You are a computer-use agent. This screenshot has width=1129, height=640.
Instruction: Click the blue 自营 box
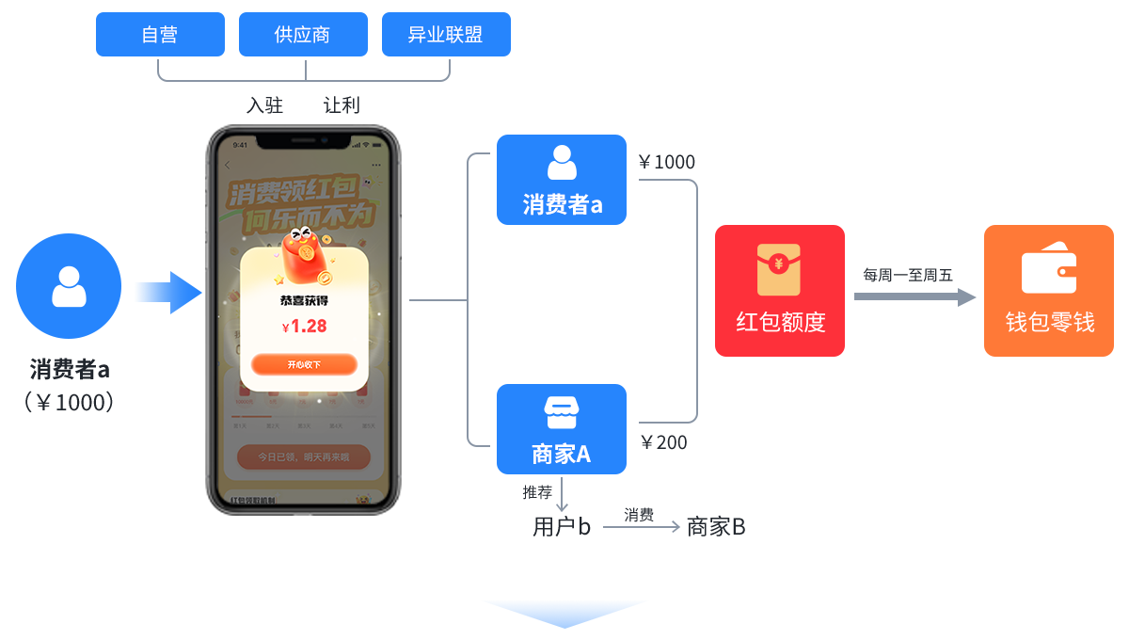click(160, 35)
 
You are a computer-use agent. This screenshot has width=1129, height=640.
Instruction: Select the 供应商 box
click(302, 35)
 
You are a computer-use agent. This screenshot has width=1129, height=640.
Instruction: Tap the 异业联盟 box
click(445, 35)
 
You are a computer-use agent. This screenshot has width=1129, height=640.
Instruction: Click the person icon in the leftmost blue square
click(69, 286)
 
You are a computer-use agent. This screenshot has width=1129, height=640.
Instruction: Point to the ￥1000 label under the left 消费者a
click(70, 403)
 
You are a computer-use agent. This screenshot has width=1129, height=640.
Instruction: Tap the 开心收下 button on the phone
click(304, 364)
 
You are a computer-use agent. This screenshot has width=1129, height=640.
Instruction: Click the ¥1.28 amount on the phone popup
click(304, 327)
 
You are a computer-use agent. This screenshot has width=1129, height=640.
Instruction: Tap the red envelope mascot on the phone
click(304, 254)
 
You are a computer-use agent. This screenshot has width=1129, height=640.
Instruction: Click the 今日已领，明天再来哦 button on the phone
click(304, 457)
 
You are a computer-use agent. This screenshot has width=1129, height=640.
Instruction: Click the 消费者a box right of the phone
click(562, 180)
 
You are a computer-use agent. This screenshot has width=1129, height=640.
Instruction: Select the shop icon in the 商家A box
click(562, 412)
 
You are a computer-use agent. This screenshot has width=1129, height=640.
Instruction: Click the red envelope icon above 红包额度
click(779, 269)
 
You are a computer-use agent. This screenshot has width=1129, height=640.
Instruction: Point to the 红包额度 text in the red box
click(780, 323)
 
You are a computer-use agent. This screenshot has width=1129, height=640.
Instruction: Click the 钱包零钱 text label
click(1049, 323)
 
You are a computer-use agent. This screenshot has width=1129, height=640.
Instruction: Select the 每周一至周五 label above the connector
click(908, 276)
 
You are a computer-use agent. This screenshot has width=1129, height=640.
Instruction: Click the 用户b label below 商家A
click(561, 527)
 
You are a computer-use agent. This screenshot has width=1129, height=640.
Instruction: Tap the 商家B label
click(716, 527)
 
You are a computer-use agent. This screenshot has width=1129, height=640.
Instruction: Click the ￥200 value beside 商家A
click(664, 442)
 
